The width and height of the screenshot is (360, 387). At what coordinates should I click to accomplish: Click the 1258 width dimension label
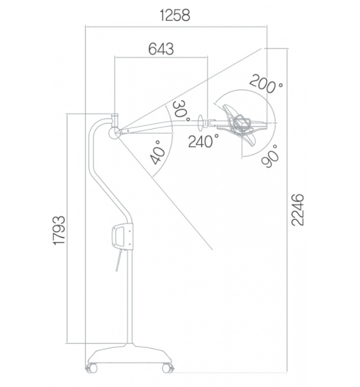pyautogui.click(x=175, y=15)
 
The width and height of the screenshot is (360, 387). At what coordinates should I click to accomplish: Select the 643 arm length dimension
pyautogui.click(x=161, y=49)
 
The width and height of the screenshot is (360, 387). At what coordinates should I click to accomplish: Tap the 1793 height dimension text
pyautogui.click(x=59, y=230)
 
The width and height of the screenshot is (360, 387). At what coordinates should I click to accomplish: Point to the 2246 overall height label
pyautogui.click(x=298, y=210)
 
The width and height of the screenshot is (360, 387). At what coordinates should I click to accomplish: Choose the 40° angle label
pyautogui.click(x=157, y=152)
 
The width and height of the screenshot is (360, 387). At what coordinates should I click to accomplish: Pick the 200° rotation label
pyautogui.click(x=266, y=84)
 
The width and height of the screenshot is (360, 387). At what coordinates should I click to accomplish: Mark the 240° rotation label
pyautogui.click(x=203, y=141)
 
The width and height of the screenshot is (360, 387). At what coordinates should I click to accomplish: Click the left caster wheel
pyautogui.click(x=91, y=368)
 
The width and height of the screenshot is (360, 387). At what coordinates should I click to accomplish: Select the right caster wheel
pyautogui.click(x=168, y=368)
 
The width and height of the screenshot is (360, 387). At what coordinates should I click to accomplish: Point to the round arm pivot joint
pyautogui.click(x=114, y=133)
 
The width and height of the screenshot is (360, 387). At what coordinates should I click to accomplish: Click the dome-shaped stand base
pyautogui.click(x=130, y=353)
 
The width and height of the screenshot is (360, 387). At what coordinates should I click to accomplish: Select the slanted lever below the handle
pyautogui.click(x=119, y=260)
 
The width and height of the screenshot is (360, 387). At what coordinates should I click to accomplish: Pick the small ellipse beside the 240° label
pyautogui.click(x=201, y=123)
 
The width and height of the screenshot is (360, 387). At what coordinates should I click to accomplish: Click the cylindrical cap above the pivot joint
pyautogui.click(x=115, y=119)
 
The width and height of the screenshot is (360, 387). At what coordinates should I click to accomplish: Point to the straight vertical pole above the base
pyautogui.click(x=130, y=296)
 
